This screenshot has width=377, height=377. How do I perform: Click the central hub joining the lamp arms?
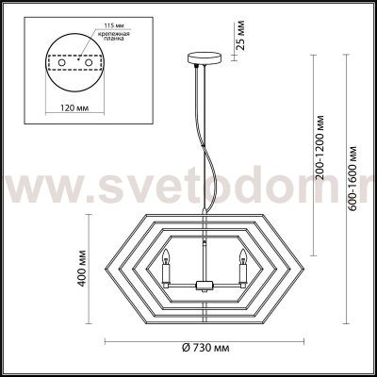[201, 284]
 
